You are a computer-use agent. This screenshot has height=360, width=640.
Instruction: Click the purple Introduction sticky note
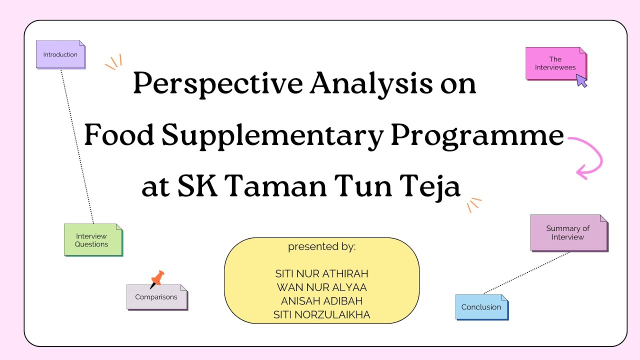pyautogui.click(x=60, y=54)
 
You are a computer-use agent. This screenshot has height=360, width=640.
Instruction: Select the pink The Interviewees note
pyautogui.click(x=555, y=63)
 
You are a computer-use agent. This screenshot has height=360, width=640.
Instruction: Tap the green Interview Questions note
pyautogui.click(x=92, y=240)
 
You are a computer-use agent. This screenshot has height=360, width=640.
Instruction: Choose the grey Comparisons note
pyautogui.click(x=156, y=297)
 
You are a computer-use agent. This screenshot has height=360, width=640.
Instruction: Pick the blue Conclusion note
pyautogui.click(x=481, y=307)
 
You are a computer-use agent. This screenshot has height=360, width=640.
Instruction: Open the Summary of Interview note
pyautogui.click(x=568, y=232)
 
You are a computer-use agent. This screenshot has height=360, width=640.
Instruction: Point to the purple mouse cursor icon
pyautogui.click(x=581, y=80)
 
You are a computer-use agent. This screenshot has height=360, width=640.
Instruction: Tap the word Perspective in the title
pyautogui.click(x=217, y=84)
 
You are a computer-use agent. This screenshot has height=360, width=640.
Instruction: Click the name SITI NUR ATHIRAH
pyautogui.click(x=321, y=274)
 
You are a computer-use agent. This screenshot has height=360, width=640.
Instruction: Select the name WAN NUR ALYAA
pyautogui.click(x=321, y=287)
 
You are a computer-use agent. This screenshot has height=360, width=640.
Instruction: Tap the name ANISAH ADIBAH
pyautogui.click(x=321, y=301)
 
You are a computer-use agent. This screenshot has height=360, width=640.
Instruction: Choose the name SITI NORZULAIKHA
pyautogui.click(x=321, y=314)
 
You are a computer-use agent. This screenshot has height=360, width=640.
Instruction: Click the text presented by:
pyautogui.click(x=321, y=247)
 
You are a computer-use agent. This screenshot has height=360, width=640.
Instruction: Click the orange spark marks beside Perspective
pyautogui.click(x=114, y=62)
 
